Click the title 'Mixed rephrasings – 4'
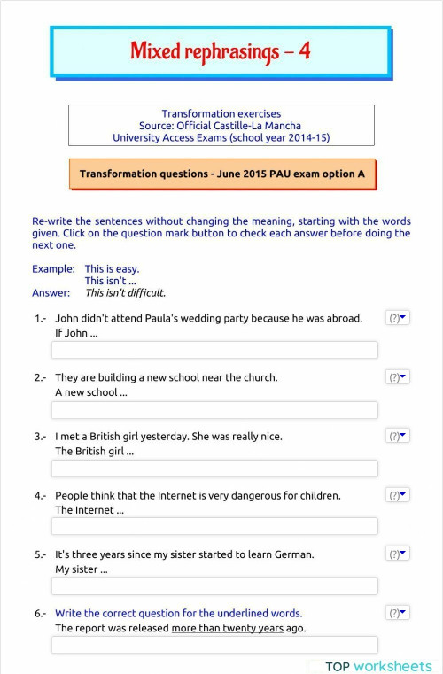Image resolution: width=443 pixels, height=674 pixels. (x=220, y=51)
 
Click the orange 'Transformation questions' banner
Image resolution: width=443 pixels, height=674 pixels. (x=221, y=174)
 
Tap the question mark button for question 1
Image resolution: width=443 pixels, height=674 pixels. (x=398, y=318)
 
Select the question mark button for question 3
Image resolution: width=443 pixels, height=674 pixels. (x=398, y=436)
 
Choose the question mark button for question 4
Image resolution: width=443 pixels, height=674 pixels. (x=398, y=495)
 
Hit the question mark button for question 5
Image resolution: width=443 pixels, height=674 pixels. (x=398, y=554)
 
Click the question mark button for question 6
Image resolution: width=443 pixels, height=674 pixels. (x=398, y=613)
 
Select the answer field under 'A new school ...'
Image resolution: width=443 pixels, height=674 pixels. (x=214, y=410)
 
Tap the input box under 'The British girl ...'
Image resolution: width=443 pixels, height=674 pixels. (x=214, y=469)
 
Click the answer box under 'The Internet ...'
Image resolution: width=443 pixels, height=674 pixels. (x=214, y=527)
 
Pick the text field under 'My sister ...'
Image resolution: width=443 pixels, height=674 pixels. (x=214, y=586)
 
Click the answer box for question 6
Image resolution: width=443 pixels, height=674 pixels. (x=214, y=645)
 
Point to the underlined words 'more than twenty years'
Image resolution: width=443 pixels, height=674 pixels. (x=227, y=629)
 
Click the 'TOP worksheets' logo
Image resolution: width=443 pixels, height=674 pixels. (x=378, y=666)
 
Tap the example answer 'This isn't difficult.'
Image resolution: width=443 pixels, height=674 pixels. (x=125, y=293)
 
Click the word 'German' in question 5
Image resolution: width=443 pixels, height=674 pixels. (x=294, y=554)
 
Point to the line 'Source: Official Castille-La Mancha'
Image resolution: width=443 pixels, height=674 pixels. (x=221, y=126)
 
